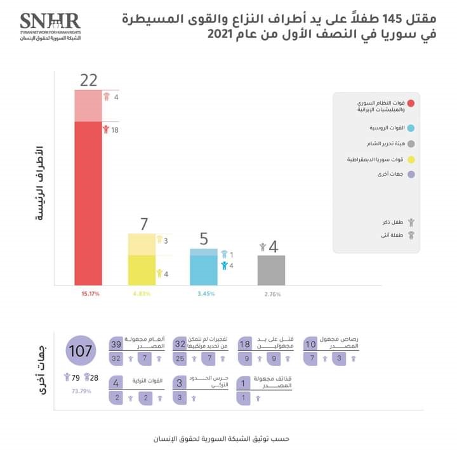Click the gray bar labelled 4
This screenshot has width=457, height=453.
271,270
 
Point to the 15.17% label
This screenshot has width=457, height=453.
90,294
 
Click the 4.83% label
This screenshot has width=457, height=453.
142,294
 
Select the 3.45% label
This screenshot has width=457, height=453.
206,294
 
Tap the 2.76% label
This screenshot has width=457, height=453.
272,294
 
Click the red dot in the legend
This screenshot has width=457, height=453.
412,103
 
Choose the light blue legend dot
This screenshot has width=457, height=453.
412,128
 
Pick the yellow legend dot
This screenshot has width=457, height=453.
412,159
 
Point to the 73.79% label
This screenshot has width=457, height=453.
82,391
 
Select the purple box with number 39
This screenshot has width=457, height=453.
116,343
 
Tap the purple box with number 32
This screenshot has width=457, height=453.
180,343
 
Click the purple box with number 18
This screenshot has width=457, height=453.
244,343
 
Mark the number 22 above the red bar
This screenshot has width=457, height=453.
89,80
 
